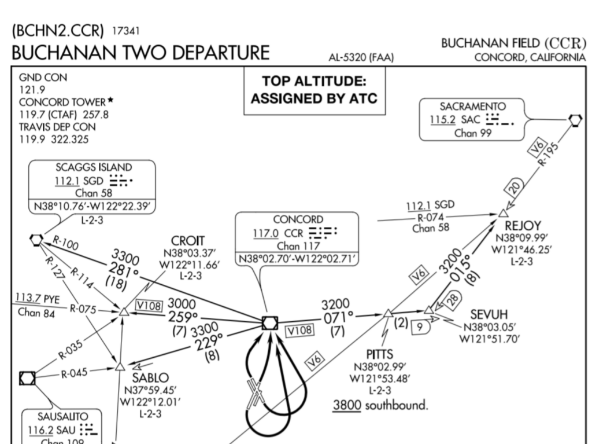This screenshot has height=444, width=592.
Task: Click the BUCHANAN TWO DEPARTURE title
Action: click(140, 53)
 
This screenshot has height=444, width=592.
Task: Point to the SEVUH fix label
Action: click(489, 314)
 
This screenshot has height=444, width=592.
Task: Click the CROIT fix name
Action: click(188, 240)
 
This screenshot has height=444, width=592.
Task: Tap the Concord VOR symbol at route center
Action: click(269, 323)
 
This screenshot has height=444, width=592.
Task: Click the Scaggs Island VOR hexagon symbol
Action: click(36, 239)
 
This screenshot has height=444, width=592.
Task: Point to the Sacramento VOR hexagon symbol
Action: click(575, 120)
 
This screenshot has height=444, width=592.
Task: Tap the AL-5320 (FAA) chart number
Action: click(361, 57)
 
